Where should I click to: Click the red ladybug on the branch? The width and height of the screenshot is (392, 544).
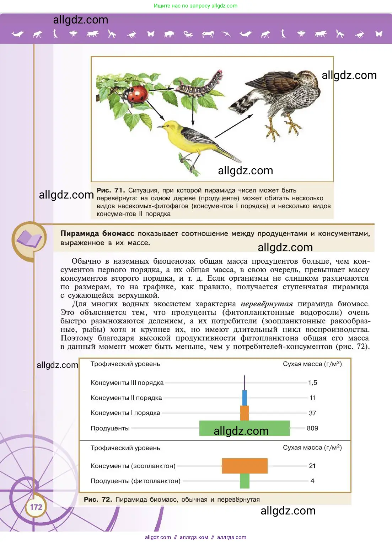(x=138, y=94)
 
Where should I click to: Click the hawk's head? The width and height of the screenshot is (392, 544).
(x=306, y=76)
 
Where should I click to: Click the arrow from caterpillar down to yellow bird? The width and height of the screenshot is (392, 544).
(x=193, y=111)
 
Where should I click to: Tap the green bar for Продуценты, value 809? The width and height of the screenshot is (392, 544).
(x=245, y=428)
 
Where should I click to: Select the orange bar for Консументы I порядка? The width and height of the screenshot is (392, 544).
(x=245, y=413)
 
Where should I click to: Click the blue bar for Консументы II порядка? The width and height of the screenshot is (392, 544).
(x=245, y=398)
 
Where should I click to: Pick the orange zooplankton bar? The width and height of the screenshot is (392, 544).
(x=245, y=466)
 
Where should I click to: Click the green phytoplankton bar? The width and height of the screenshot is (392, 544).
(x=245, y=481)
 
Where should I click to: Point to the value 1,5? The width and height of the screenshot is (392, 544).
(x=312, y=383)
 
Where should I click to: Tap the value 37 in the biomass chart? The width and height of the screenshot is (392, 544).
(x=312, y=413)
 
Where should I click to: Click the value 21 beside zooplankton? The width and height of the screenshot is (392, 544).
(x=312, y=466)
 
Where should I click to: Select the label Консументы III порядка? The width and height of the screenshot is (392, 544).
(x=127, y=383)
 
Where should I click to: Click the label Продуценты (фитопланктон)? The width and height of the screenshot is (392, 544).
(x=135, y=481)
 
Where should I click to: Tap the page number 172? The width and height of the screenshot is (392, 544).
(x=36, y=507)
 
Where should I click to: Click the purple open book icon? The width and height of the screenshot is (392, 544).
(x=29, y=239)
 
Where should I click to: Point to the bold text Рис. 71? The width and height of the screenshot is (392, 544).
(x=111, y=190)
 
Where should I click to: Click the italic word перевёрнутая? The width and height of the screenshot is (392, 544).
(x=267, y=304)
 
